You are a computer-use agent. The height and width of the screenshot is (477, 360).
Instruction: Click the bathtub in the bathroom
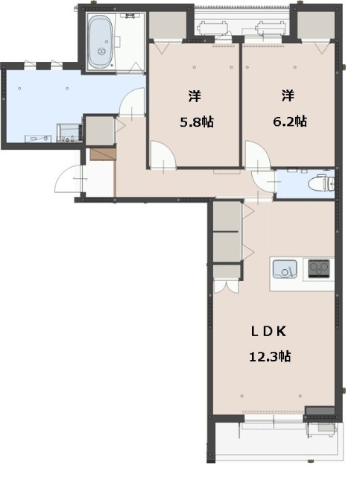(100, 42)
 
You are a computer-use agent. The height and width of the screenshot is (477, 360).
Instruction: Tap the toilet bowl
(320, 183)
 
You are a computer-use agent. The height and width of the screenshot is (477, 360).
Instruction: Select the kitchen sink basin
(285, 268)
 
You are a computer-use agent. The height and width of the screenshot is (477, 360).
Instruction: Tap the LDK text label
(269, 331)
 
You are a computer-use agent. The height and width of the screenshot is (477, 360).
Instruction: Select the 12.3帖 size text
(269, 356)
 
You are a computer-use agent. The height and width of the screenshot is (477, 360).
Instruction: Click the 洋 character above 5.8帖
(194, 95)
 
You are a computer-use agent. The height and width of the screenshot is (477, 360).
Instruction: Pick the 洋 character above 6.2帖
(287, 95)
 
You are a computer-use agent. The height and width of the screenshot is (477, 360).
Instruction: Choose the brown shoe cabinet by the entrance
(102, 154)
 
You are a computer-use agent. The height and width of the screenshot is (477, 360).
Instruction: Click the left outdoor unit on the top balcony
(215, 28)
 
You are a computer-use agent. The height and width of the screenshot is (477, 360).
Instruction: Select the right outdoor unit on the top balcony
(271, 28)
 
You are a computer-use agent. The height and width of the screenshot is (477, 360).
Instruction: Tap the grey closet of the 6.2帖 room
(318, 27)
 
